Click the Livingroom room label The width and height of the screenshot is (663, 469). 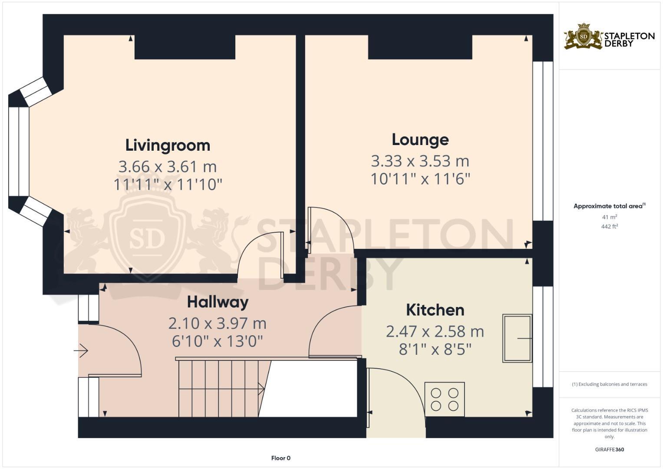tap(168, 145)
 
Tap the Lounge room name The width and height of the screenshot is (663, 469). tap(420, 140)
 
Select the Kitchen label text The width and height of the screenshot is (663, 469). tap(435, 310)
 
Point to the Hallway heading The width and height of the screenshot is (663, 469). tap(218, 302)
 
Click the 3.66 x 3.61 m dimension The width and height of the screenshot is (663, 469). tap(168, 167)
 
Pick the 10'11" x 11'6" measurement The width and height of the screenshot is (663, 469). tap(420, 179)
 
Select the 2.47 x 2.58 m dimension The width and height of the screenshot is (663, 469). tap(435, 332)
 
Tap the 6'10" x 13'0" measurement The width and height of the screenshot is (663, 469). tap(218, 341)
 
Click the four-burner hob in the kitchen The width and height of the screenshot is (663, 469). tap(445, 399)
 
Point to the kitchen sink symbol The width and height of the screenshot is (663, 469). tap(517, 338)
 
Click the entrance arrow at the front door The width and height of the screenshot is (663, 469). tap(82, 350)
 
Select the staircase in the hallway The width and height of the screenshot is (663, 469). tap(219, 388)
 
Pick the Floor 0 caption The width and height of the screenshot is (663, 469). tap(280, 458)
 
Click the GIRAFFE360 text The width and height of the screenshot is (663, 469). tap(609, 449)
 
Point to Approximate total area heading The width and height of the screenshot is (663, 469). tap(609, 206)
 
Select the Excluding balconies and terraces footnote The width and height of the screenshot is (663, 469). tap(609, 384)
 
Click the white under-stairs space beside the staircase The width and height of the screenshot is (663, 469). tap(310, 388)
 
